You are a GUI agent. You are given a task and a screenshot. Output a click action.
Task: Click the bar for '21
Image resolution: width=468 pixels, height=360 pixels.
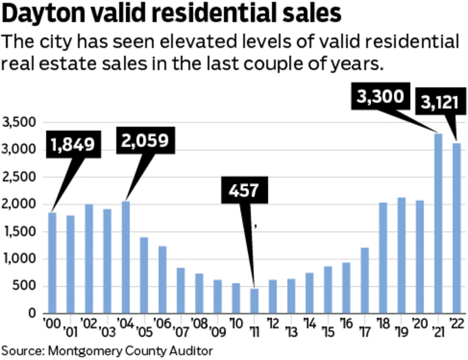click(x=438, y=224)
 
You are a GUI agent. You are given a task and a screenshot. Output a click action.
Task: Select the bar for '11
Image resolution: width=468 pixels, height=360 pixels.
click(x=254, y=301)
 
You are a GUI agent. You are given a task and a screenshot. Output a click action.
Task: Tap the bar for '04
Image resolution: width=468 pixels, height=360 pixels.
click(x=126, y=257)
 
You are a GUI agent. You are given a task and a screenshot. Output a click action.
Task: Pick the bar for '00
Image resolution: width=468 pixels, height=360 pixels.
click(x=52, y=263)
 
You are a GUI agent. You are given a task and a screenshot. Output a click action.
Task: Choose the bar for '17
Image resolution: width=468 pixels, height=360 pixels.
click(x=365, y=281)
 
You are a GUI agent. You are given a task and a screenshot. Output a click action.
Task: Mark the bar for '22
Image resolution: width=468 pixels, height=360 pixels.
click(x=457, y=228)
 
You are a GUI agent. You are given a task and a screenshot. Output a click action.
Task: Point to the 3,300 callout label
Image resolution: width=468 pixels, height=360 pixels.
click(x=380, y=96)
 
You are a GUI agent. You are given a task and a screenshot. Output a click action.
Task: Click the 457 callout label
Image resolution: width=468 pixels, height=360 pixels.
click(x=244, y=190)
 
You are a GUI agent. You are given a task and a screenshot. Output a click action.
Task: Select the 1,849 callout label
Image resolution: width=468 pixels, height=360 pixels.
click(x=73, y=144)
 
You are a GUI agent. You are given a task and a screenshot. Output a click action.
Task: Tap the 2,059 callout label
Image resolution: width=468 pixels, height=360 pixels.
click(x=145, y=140)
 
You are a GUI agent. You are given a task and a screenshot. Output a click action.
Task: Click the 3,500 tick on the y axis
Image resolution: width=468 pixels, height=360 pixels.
click(x=19, y=122)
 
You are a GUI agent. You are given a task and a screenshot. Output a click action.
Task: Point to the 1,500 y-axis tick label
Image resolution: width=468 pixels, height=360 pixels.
click(x=19, y=232)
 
